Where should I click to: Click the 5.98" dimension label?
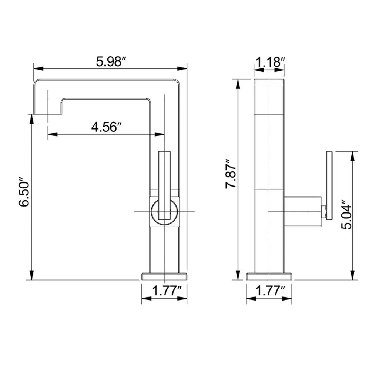click(x=111, y=61)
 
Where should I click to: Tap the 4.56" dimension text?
click(x=106, y=127)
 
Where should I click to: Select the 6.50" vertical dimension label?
click(x=24, y=192)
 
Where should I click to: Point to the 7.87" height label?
click(x=231, y=174)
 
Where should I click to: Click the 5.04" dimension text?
click(x=346, y=215)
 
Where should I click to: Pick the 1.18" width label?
click(x=270, y=62)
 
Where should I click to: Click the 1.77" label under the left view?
click(x=167, y=291)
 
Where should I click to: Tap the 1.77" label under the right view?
click(x=270, y=291)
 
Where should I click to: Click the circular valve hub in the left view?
click(x=151, y=212)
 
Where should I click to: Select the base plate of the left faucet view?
click(x=164, y=276)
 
